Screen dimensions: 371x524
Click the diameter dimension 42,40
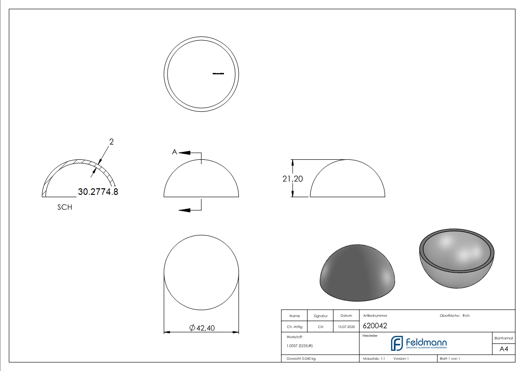[202, 328]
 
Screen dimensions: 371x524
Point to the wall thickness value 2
[112, 141]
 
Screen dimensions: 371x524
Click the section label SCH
[65, 207]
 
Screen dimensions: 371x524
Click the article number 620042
[375, 326]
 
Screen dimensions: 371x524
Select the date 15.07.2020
[346, 327]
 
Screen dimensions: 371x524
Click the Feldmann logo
[419, 343]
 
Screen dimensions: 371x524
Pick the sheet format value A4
[503, 349]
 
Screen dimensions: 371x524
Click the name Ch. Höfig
[294, 327]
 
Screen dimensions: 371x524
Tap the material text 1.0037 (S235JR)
[300, 346]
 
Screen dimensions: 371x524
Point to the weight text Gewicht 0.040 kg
[301, 358]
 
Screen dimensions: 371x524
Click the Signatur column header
[321, 316]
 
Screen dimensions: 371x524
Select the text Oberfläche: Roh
[454, 315]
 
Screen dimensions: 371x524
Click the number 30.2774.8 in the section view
[98, 192]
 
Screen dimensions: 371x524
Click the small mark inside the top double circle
[218, 73]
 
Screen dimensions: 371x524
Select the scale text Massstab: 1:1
[374, 358]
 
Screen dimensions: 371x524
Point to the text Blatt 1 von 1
[450, 358]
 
